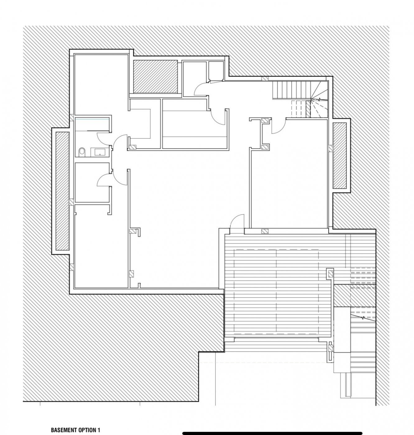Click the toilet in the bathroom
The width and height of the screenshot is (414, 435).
(x=81, y=152)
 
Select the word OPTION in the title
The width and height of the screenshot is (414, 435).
(x=85, y=424)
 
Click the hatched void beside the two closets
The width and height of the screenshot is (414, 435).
(x=155, y=76)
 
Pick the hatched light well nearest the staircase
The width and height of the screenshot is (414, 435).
(x=339, y=155)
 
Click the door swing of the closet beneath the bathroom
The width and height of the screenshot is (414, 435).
(x=103, y=180)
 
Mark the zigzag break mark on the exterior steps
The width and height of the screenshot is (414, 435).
(x=363, y=318)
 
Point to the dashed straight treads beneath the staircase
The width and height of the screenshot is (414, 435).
(x=298, y=109)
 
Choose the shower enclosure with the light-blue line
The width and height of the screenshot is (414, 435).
(x=92, y=125)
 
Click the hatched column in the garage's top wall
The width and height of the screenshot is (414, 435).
(x=265, y=231)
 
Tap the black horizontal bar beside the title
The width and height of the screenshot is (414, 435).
(x=272, y=427)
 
